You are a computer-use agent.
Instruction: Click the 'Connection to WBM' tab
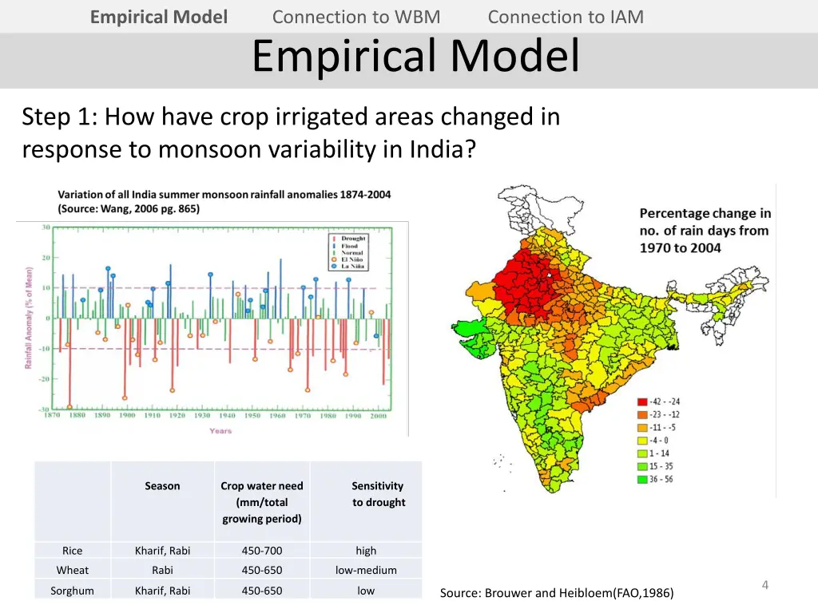click(355, 17)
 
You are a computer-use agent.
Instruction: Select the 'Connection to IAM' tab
click(565, 17)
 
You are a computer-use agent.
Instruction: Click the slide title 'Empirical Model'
click(415, 56)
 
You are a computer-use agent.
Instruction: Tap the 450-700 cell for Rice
click(261, 551)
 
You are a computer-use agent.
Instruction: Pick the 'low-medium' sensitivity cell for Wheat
click(366, 571)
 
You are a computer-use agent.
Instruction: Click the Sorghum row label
click(72, 591)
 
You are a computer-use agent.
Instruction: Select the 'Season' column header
click(162, 486)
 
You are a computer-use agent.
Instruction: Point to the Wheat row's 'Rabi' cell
click(162, 571)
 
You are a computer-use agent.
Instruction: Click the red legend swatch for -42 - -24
click(642, 401)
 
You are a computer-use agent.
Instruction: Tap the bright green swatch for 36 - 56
click(642, 480)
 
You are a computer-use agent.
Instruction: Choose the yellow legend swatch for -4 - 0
click(642, 441)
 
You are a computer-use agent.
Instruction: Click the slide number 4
click(764, 585)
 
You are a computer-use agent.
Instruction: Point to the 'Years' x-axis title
click(220, 431)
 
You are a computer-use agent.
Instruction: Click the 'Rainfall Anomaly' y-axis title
click(28, 318)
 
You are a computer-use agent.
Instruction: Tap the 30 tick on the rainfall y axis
click(46, 227)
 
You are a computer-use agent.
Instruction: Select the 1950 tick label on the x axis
click(252, 416)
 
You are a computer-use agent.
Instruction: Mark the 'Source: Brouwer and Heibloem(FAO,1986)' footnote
click(556, 593)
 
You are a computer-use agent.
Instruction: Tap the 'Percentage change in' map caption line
click(705, 213)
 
